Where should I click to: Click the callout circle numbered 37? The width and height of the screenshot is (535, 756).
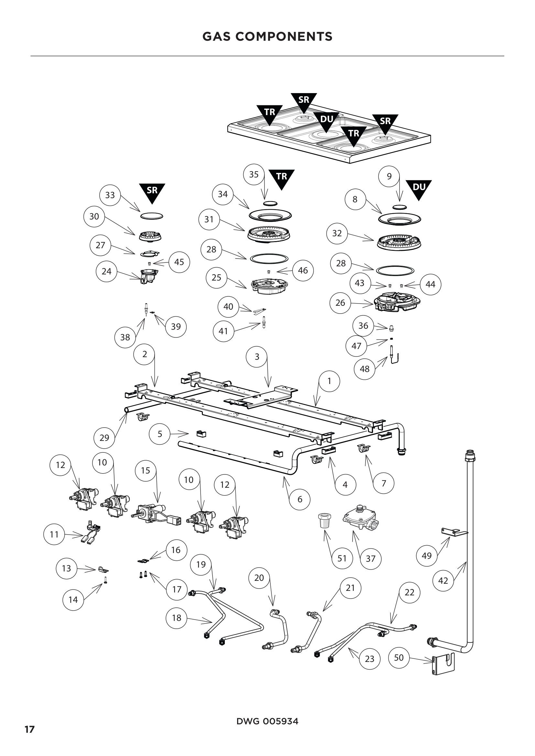pos(371,559)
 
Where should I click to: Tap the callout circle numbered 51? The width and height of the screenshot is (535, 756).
pos(342,559)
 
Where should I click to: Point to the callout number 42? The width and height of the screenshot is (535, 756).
pos(443,580)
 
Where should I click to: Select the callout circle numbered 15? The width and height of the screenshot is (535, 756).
pos(146,471)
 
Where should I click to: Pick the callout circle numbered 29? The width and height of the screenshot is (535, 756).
pos(104,438)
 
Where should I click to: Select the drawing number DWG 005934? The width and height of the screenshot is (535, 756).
pos(267,721)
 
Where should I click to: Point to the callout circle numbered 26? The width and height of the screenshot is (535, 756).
pos(340,303)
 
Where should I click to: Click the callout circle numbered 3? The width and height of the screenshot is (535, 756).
pos(257,357)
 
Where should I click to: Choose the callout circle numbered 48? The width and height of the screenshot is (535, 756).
pos(365,369)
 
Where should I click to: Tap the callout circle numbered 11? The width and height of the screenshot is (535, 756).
pos(54,534)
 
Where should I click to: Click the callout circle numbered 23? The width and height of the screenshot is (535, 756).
pos(370,659)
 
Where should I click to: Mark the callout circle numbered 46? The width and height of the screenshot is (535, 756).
pos(303,270)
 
